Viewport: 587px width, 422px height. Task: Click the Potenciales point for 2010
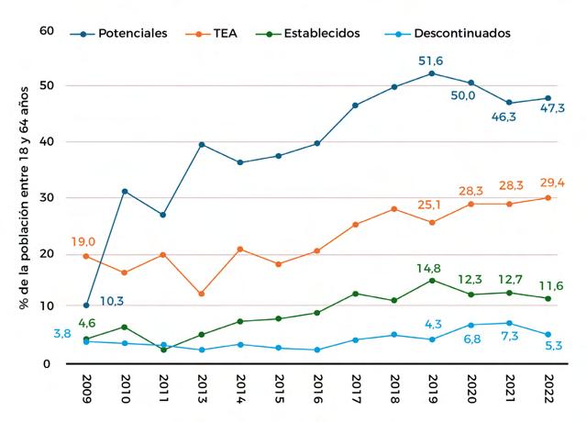pos(124,191)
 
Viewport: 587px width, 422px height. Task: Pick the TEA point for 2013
pos(202,294)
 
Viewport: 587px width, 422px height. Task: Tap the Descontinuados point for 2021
pos(510,323)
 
